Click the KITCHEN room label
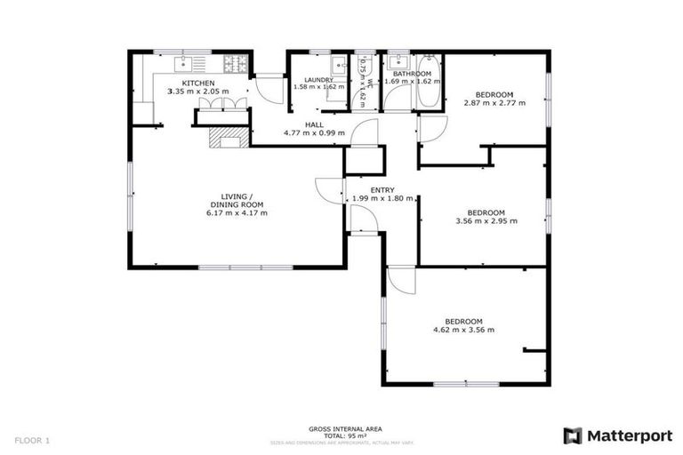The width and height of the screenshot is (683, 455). click(x=200, y=84)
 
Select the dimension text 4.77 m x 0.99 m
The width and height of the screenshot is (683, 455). click(x=314, y=133)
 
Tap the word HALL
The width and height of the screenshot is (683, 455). click(x=314, y=124)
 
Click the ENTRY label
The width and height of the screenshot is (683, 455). click(x=382, y=189)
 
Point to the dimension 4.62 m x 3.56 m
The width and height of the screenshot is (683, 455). click(x=463, y=330)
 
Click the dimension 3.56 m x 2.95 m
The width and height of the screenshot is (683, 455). click(x=486, y=220)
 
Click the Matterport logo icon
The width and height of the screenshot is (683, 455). click(x=574, y=435)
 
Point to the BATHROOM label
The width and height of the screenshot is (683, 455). click(x=412, y=75)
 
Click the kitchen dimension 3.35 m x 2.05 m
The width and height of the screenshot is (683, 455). click(x=200, y=92)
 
